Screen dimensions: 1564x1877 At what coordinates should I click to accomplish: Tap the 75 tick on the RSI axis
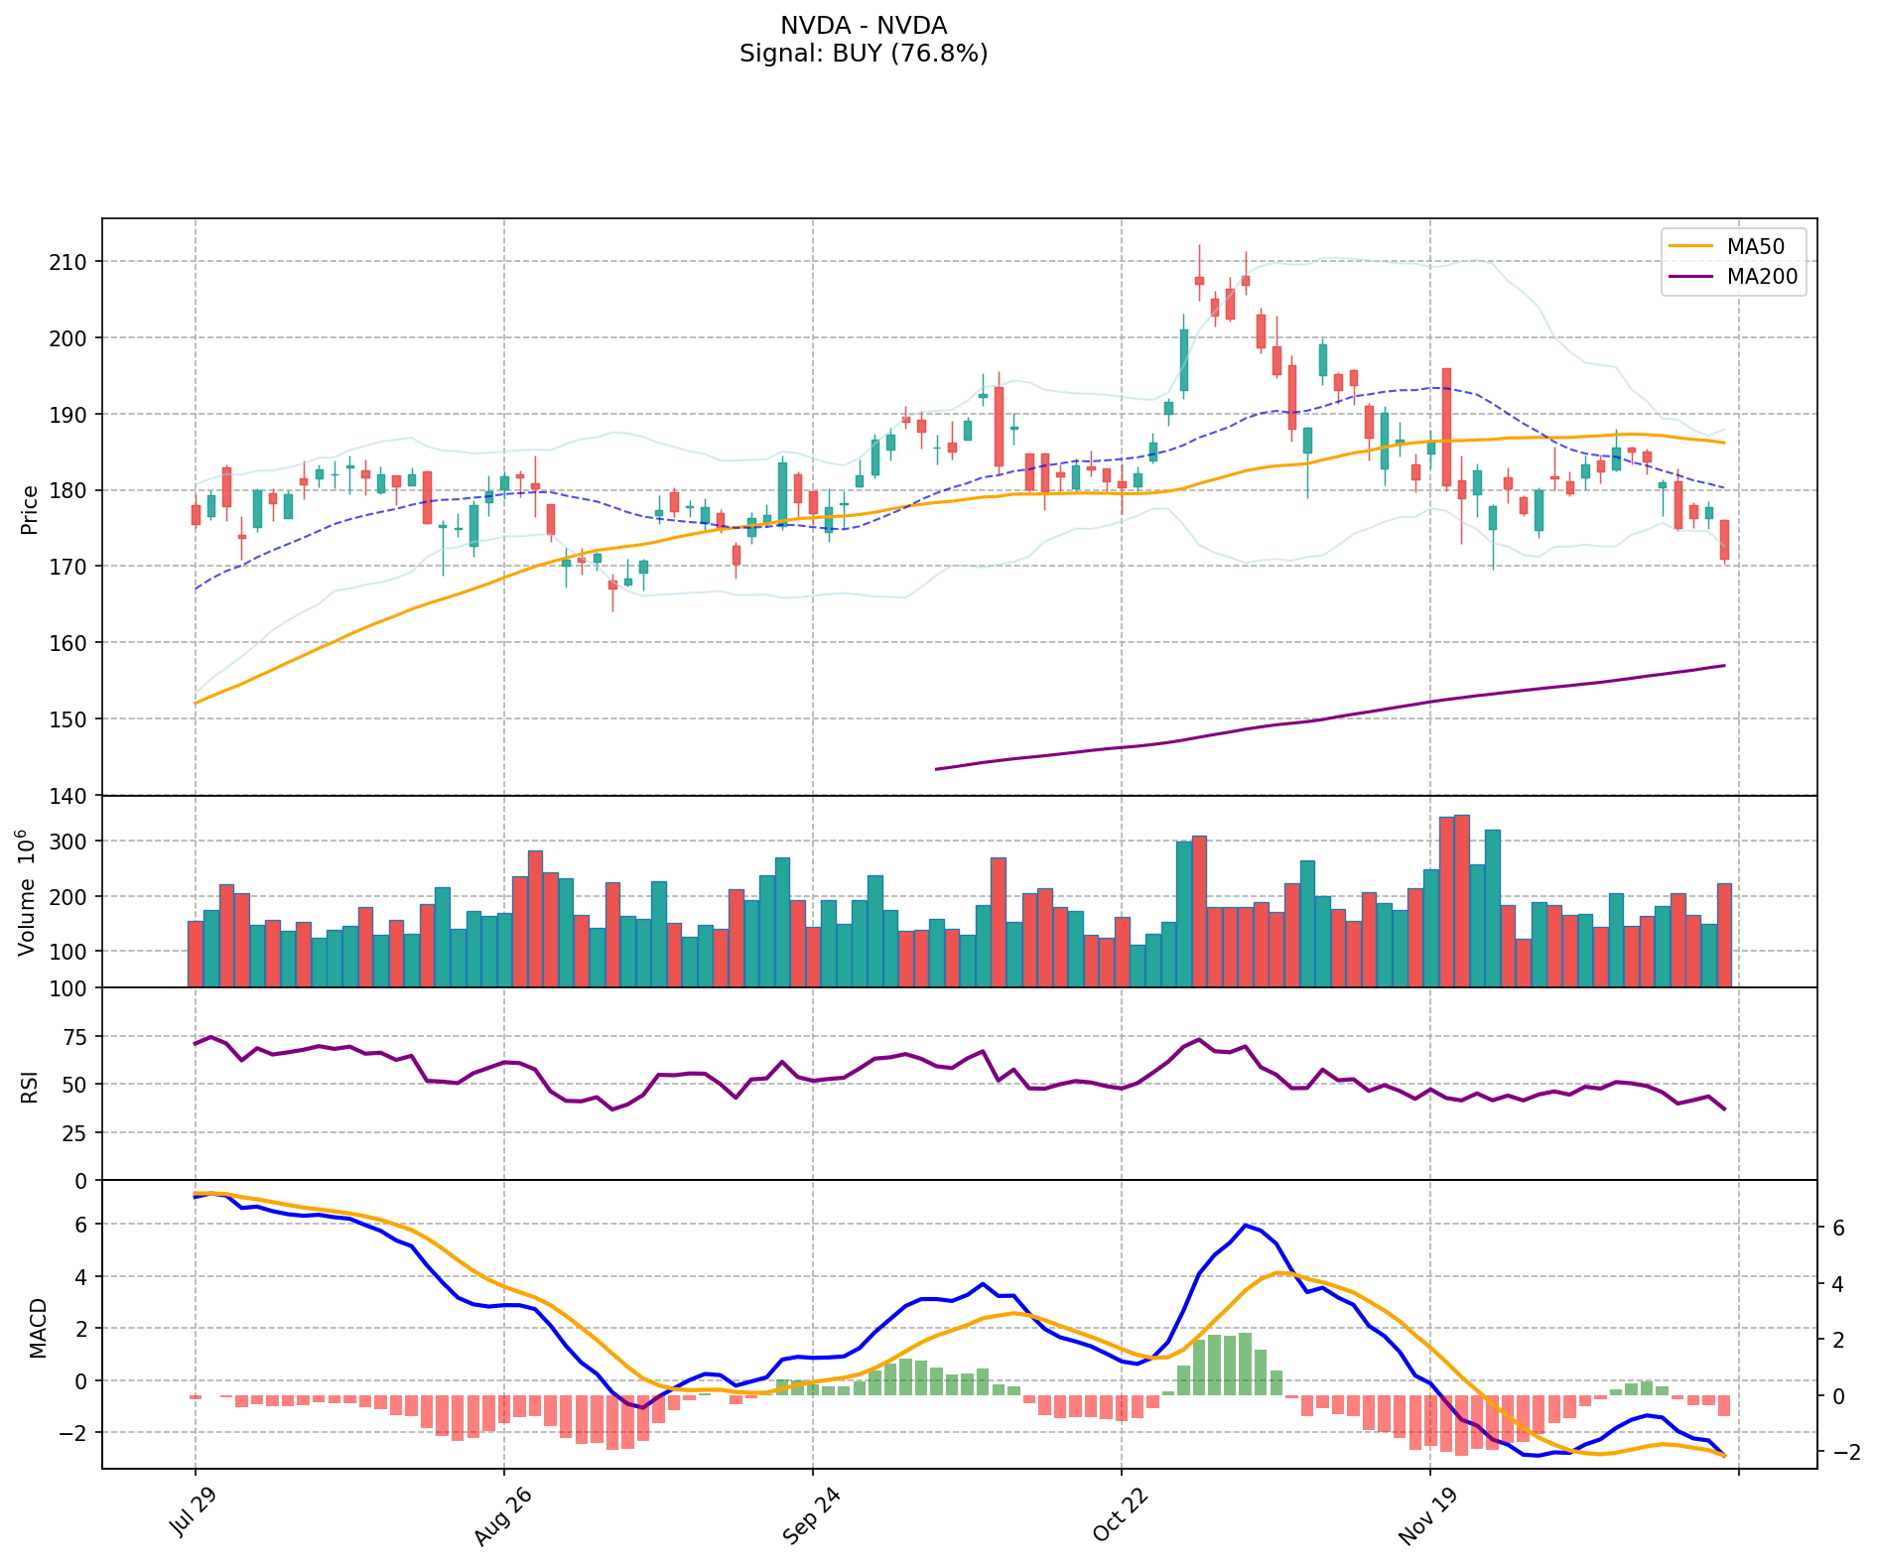[76, 1037]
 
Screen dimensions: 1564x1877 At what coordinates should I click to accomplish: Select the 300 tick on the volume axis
[70, 842]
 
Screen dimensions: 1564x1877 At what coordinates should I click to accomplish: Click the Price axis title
[30, 509]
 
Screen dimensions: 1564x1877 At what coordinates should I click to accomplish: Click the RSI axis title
[30, 1086]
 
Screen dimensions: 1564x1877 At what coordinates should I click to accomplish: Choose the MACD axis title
[38, 1328]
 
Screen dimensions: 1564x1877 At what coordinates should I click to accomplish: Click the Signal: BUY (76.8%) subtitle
[864, 54]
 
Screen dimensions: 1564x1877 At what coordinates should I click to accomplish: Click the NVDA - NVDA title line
[864, 26]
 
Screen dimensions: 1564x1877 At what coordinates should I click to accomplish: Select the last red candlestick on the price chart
[1724, 539]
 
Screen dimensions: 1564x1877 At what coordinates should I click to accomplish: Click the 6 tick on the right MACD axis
[1838, 1229]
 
